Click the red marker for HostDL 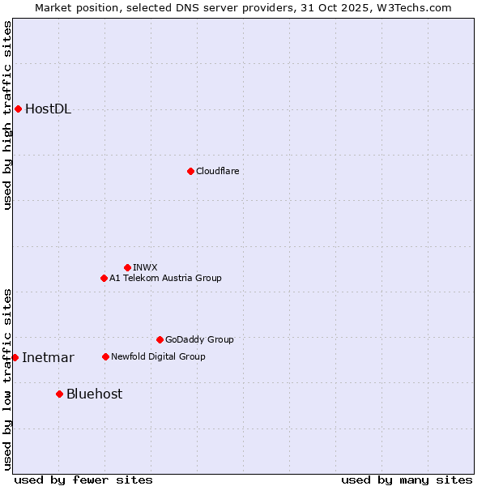(18, 109)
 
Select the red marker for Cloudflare (190, 171)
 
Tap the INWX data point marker (127, 267)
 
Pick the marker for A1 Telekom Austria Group (104, 278)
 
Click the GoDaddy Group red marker (160, 339)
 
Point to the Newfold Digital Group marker (105, 356)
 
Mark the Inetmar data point (15, 357)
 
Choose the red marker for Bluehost (59, 394)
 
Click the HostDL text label (48, 109)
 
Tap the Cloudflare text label (217, 171)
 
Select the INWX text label (145, 267)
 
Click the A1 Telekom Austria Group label (165, 278)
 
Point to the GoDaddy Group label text (199, 339)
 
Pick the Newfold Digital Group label (158, 356)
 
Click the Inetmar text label (48, 358)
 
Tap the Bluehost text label (94, 394)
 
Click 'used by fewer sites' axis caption (83, 480)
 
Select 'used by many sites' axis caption (407, 480)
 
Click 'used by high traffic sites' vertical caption (7, 115)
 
